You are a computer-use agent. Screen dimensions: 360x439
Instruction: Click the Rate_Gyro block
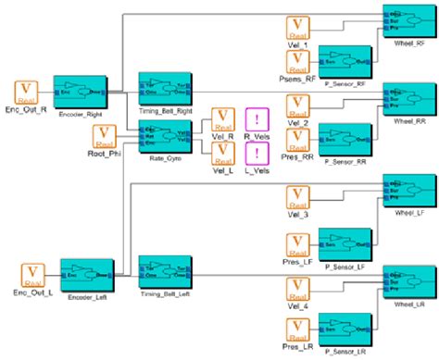pos(164,138)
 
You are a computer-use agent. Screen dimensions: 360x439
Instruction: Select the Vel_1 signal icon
pos(296,29)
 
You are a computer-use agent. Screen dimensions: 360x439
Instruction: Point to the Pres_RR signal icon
pos(296,139)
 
